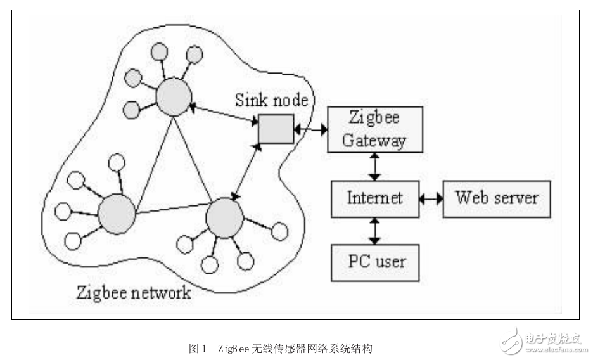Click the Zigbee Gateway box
375,129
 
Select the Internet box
375,198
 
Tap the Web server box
497,198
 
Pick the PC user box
375,262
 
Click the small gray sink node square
276,129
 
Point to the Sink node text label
272,100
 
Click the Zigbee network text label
133,293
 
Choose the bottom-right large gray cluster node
224,218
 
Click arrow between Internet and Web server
431,198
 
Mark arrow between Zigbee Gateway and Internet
375,167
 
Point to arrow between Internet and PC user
375,231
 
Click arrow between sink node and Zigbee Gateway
310,129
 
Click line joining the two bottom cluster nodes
171,209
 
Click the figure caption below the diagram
281,348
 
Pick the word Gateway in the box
374,140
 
